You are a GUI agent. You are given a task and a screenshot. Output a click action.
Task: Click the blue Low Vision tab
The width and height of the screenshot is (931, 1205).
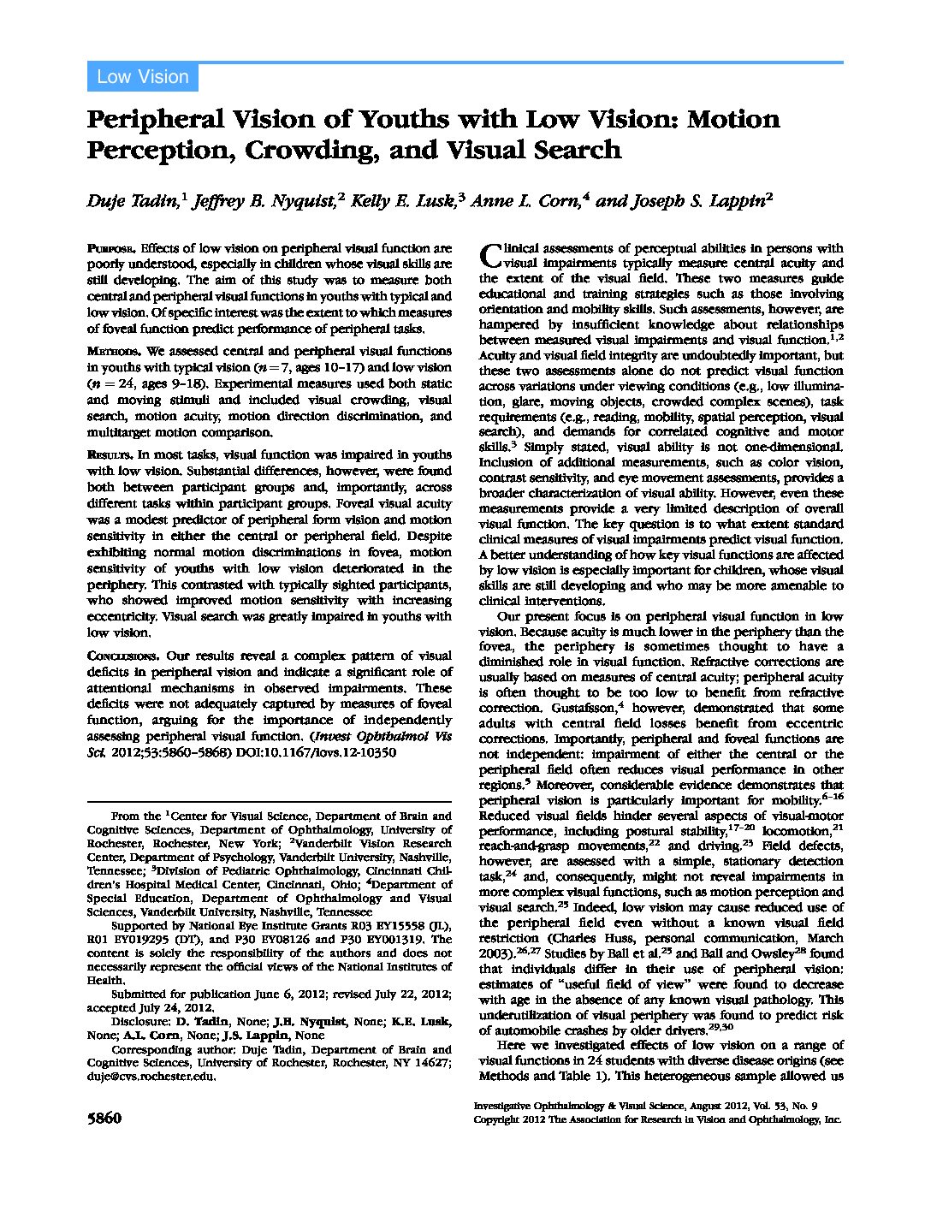[x=142, y=77]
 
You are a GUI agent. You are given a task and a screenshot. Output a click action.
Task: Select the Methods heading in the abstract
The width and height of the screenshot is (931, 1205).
[x=114, y=352]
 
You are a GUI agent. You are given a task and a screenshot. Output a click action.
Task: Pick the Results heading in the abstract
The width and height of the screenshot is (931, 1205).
[x=110, y=455]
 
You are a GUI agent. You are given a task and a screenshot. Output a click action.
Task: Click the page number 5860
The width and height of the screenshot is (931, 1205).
[x=104, y=1119]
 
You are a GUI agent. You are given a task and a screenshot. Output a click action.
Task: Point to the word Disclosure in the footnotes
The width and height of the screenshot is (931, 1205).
[x=140, y=1021]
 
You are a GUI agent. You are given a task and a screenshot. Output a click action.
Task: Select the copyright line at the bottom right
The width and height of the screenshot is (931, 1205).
[x=657, y=1119]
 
